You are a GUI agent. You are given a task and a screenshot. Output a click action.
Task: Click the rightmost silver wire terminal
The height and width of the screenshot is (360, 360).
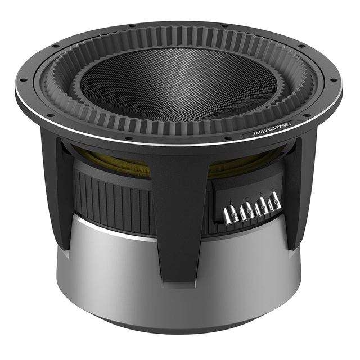[x=274, y=202]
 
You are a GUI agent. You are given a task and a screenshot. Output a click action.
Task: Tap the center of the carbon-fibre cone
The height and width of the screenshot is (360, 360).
[x=179, y=84]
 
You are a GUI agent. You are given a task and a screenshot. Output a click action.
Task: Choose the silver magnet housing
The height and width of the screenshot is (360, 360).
[x=112, y=264]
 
